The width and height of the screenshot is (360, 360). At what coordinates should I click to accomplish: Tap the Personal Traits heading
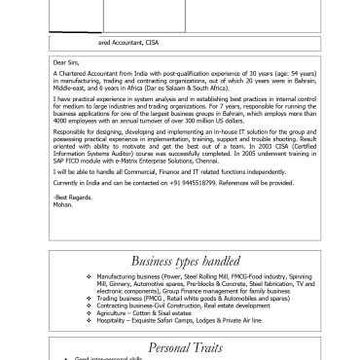[x=181, y=347]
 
